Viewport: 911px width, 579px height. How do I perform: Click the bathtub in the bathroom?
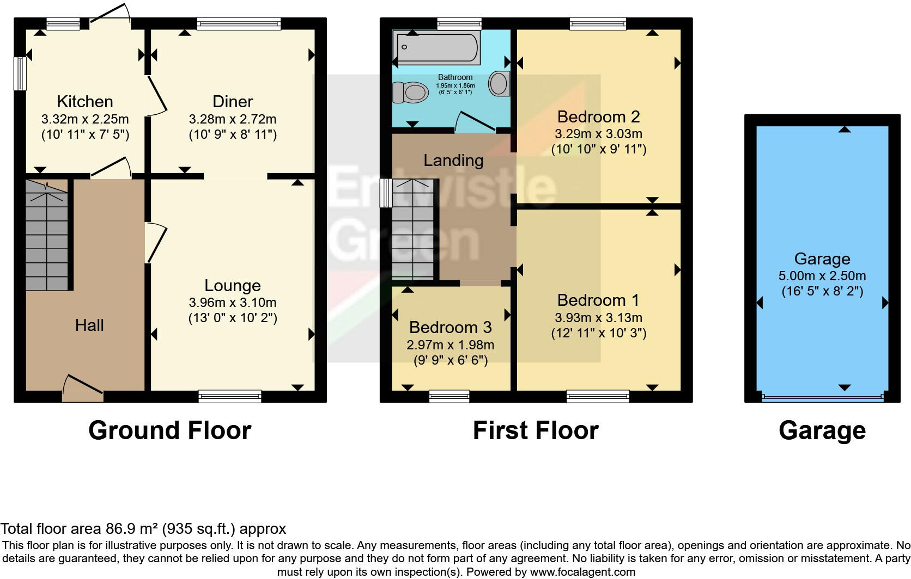pyautogui.click(x=438, y=47)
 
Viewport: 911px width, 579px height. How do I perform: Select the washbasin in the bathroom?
pyautogui.click(x=499, y=84)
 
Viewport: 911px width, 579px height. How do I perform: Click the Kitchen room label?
pyautogui.click(x=85, y=102)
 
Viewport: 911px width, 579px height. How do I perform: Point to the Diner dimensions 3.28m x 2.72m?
pyautogui.click(x=233, y=119)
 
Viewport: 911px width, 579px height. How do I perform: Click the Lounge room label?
pyautogui.click(x=233, y=285)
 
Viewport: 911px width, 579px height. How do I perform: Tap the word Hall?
pyautogui.click(x=89, y=325)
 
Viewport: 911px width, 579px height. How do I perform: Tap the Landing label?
pyautogui.click(x=453, y=161)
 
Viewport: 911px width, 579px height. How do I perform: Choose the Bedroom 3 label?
pyautogui.click(x=450, y=327)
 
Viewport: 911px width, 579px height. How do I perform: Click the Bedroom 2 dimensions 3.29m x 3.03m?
pyautogui.click(x=598, y=134)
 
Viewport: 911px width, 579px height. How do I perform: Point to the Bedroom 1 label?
pyautogui.click(x=598, y=300)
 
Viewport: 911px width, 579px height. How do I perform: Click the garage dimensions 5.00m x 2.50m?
pyautogui.click(x=822, y=276)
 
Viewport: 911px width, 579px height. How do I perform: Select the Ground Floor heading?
pyautogui.click(x=169, y=430)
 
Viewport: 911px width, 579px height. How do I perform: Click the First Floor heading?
pyautogui.click(x=536, y=430)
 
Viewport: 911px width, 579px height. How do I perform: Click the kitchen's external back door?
pyautogui.click(x=110, y=16)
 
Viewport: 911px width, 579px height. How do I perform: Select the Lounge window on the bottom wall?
pyautogui.click(x=230, y=396)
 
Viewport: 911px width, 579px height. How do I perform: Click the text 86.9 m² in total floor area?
pyautogui.click(x=130, y=529)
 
